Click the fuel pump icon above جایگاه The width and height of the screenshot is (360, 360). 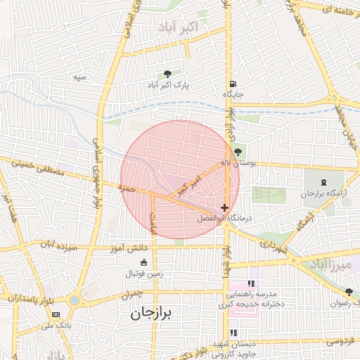tap(233, 82)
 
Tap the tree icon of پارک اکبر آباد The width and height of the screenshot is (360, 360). tap(167, 74)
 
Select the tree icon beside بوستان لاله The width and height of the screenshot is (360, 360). tap(238, 152)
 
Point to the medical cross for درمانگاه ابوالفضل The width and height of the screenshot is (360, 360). tap(224, 207)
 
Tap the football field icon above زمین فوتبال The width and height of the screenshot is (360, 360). tap(144, 262)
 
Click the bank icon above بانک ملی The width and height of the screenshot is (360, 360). tap(56, 314)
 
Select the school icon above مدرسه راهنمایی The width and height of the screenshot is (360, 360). tap(251, 283)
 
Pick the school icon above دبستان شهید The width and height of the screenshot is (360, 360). tap(233, 333)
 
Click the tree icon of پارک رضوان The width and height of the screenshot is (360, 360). tap(349, 292)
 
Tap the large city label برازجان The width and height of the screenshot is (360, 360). tap(161, 314)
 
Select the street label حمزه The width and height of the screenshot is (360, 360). tap(127, 188)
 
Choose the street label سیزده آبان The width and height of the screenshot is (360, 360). tap(56, 245)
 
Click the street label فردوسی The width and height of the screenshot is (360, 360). tap(339, 341)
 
